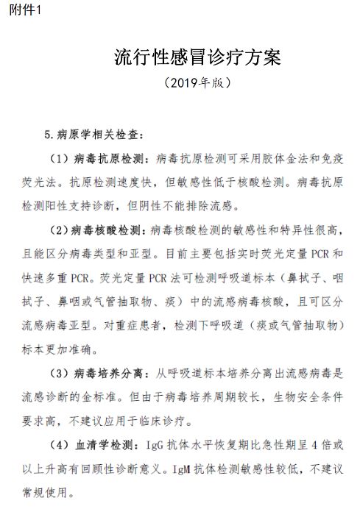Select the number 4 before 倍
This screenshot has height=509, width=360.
tap(314, 446)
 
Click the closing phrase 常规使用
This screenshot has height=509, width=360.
tap(43, 493)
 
